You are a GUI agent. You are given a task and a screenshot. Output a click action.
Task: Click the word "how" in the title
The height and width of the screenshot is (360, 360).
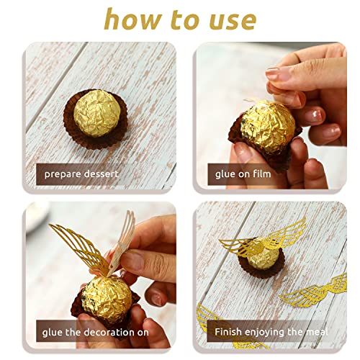pos(127,19)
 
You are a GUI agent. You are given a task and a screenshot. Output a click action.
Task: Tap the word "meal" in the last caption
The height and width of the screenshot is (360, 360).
pos(315,333)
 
